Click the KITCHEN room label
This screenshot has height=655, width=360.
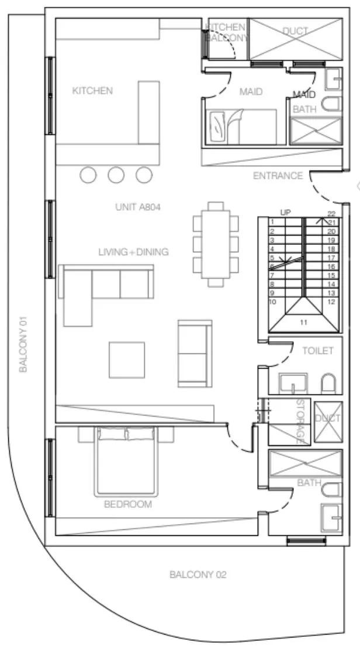click(x=92, y=91)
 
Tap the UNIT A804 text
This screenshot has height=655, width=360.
click(x=138, y=207)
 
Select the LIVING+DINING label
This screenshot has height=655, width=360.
click(x=133, y=252)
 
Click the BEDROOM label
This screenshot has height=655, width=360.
click(x=128, y=504)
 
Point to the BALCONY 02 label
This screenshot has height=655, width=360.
click(x=198, y=574)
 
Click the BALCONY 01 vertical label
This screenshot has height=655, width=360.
click(x=23, y=345)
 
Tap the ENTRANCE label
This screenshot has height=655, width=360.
click(x=278, y=175)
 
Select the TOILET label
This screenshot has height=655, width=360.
click(x=317, y=351)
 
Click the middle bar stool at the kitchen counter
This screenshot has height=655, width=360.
click(x=116, y=174)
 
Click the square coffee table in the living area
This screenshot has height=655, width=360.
click(x=127, y=359)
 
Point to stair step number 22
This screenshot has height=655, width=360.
click(x=331, y=214)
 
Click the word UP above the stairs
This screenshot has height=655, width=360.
click(x=285, y=213)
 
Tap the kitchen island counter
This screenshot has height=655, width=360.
click(x=148, y=112)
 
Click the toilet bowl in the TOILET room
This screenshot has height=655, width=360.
click(x=328, y=383)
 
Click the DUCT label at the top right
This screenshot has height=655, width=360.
click(x=295, y=31)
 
